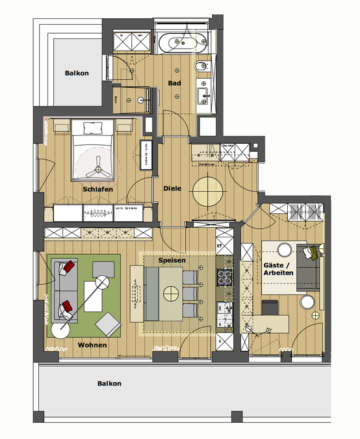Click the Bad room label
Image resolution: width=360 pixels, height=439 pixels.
coord(174,83)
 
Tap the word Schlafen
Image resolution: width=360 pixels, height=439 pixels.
coord(98,189)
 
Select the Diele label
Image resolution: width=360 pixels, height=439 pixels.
coord(172,189)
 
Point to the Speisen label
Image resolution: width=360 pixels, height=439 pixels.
coord(172,260)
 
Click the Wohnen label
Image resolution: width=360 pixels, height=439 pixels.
coord(92,344)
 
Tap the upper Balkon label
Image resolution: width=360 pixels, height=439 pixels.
coord(77,73)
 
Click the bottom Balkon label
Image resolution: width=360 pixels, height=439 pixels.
coord(109,383)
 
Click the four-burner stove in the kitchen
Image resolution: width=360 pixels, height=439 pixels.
coord(224,278)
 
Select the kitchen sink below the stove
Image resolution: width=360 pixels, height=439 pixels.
coord(224,310)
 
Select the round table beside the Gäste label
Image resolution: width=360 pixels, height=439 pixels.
coord(284,248)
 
